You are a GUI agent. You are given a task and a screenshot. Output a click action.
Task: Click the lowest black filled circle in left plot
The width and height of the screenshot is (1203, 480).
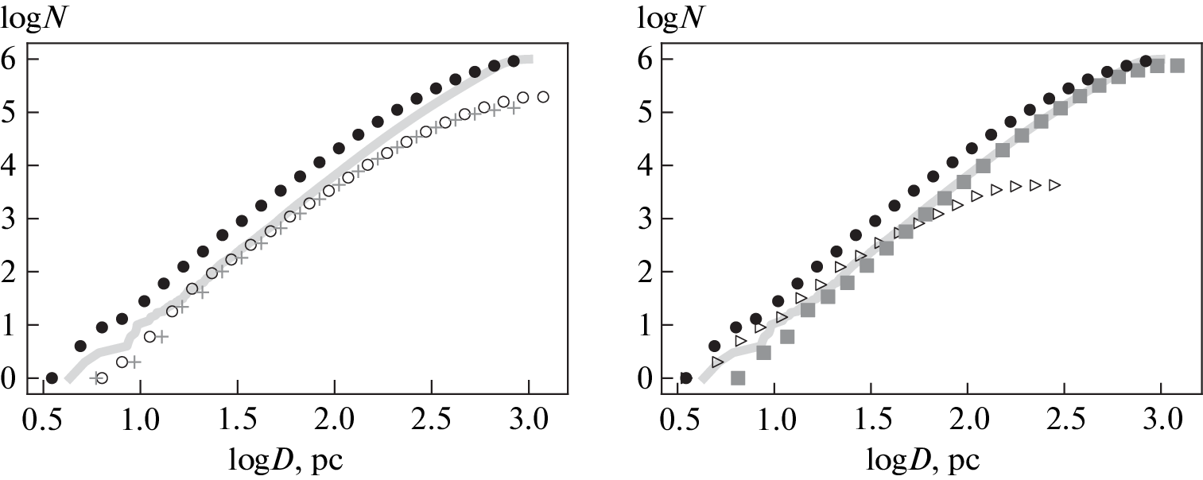pyautogui.click(x=52, y=378)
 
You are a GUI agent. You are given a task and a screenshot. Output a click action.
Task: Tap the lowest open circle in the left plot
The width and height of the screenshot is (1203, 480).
pyautogui.click(x=101, y=378)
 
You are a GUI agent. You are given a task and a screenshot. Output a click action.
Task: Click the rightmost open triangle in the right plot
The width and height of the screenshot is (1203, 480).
pyautogui.click(x=1054, y=185)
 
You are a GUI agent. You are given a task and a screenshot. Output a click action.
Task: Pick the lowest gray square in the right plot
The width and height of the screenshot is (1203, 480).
pyautogui.click(x=737, y=378)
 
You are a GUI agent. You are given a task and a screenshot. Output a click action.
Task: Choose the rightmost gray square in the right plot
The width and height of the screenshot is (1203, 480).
pyautogui.click(x=1177, y=65)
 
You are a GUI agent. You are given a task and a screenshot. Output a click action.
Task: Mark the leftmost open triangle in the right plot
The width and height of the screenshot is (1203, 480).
pyautogui.click(x=717, y=362)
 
